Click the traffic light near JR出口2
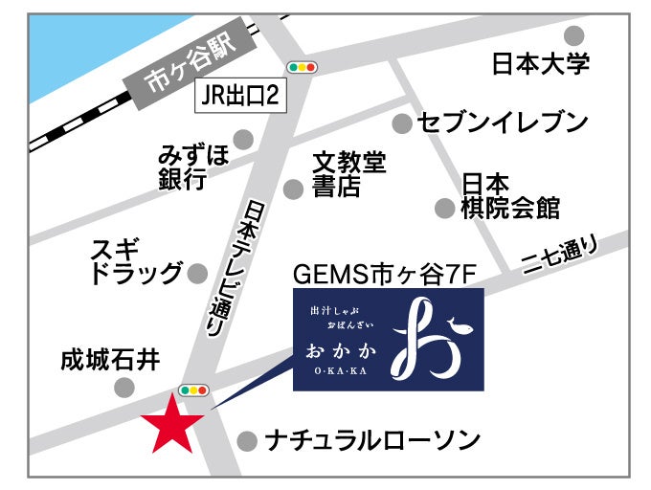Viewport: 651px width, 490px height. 303,67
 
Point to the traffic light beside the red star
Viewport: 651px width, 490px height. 193,390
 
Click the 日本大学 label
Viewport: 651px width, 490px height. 540,65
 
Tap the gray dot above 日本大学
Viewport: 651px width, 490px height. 574,36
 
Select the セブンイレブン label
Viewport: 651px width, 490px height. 503,122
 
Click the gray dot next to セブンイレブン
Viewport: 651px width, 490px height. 402,122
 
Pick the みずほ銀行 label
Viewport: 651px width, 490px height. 193,167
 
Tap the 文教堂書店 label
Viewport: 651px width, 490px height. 348,174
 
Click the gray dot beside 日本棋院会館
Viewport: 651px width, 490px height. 444,208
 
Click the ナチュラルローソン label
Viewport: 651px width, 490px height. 372,441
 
